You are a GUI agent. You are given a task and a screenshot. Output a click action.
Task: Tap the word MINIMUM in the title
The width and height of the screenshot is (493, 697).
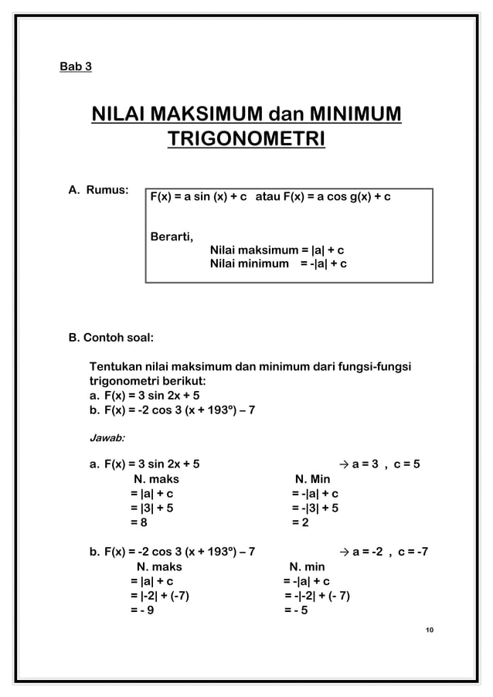pyautogui.click(x=355, y=117)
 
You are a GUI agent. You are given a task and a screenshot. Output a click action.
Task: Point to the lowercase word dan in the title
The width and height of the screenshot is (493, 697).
pyautogui.click(x=285, y=117)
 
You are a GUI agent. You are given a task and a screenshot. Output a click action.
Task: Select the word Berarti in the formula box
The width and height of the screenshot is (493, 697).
pyautogui.click(x=172, y=236)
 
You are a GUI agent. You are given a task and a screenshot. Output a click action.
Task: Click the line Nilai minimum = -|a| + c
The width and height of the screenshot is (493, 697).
pyautogui.click(x=277, y=264)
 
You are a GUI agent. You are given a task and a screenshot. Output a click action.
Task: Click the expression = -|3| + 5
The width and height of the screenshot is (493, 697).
pyautogui.click(x=314, y=508)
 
